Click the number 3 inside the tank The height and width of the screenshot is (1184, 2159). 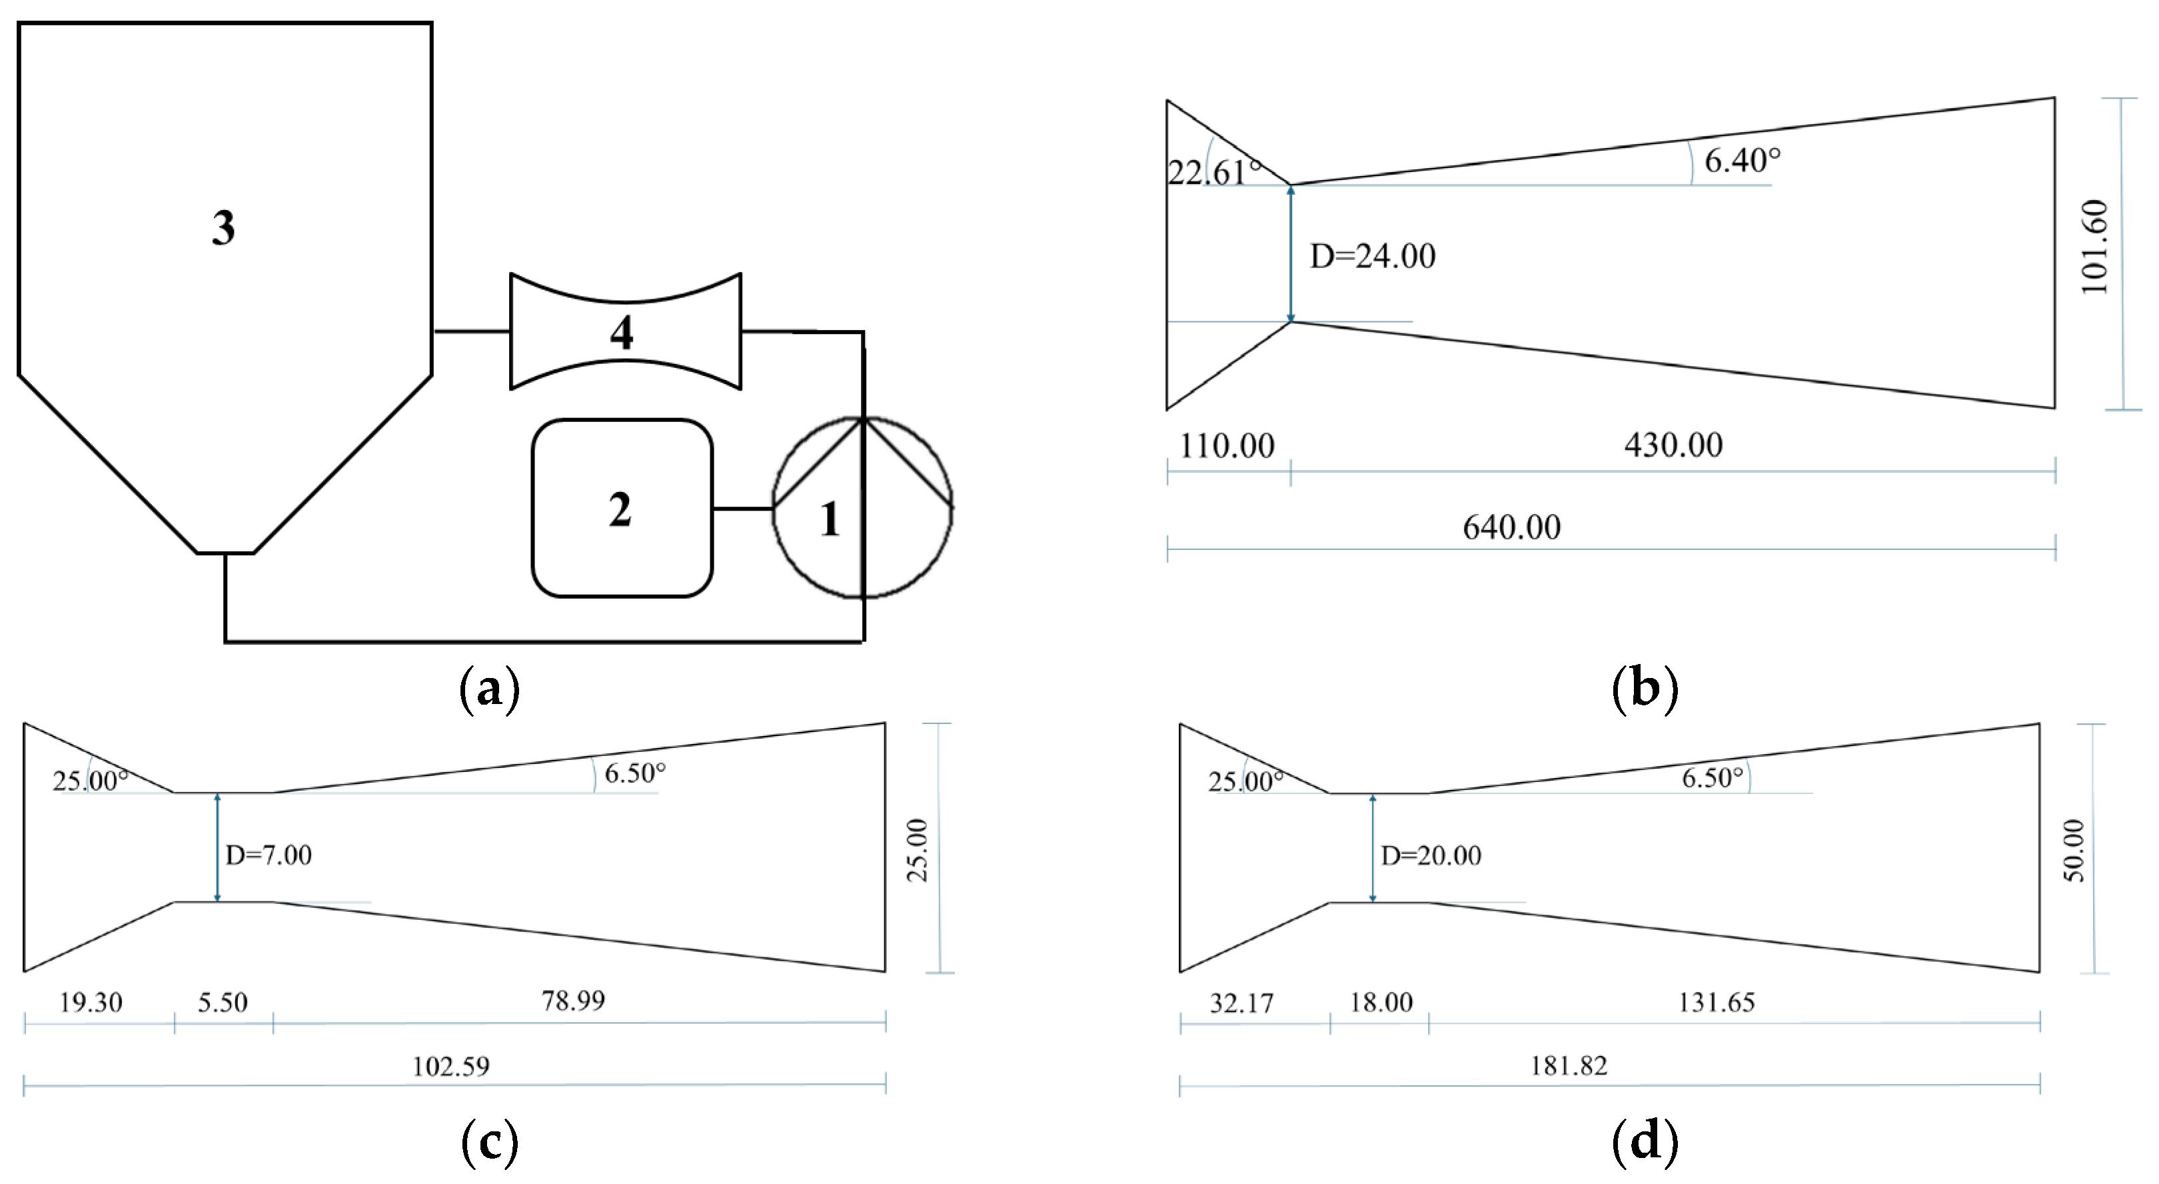pos(223,227)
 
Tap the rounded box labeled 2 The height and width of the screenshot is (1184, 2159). pos(621,509)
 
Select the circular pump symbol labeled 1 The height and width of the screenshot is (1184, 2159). pos(862,508)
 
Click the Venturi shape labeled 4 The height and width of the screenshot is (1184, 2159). pos(624,332)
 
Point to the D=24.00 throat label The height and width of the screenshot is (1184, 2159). pos(1372,256)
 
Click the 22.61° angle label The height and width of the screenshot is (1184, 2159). pos(1213,173)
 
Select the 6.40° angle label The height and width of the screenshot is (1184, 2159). pos(1743,160)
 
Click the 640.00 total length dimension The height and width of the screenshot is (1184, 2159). pos(1511,527)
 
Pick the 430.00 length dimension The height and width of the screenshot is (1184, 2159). pos(1673,445)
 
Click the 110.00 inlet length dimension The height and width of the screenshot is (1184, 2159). pos(1227,445)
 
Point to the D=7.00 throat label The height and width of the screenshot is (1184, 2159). pos(268,855)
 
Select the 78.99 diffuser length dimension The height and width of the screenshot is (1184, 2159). pos(572,1001)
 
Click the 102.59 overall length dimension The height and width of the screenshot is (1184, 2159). pos(451,1067)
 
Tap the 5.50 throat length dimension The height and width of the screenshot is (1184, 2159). pos(223,1002)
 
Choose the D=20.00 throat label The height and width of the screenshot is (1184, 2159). pos(1431,855)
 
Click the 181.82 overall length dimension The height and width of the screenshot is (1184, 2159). pos(1569,1066)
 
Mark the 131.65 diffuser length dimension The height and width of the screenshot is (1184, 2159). pos(1716,1002)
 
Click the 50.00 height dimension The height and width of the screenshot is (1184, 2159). pos(2074,850)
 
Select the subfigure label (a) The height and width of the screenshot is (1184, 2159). pos(490,689)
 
